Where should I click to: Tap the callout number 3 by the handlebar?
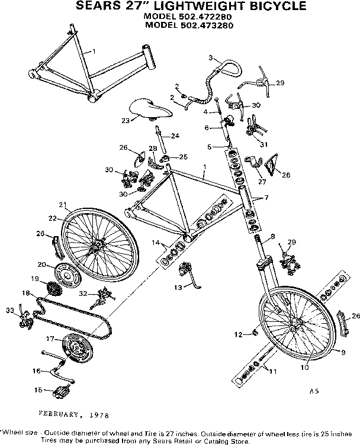click(x=211, y=57)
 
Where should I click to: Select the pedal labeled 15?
click(x=60, y=391)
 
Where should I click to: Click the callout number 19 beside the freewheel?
click(x=35, y=278)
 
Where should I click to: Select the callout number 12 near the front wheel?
click(x=237, y=335)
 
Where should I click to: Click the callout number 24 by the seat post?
click(x=175, y=136)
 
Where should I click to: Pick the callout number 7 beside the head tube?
click(x=266, y=197)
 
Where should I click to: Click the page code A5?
click(x=313, y=391)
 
